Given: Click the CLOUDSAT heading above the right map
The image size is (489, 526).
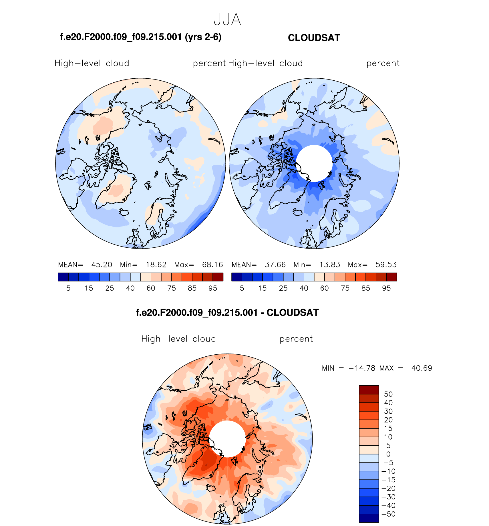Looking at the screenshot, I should (314, 38).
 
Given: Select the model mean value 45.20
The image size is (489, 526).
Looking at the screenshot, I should (102, 265).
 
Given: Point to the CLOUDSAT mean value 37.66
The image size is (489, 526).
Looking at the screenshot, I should (275, 265).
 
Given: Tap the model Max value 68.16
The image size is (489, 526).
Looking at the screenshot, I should (212, 265).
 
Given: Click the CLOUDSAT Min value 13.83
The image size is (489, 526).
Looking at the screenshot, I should (330, 265).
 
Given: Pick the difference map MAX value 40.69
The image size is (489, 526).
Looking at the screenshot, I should (422, 368).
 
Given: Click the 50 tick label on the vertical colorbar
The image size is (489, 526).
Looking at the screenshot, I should (388, 394).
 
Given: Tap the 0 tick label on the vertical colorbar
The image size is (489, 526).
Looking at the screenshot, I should (388, 454).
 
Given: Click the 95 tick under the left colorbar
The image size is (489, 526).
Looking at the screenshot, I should (213, 288).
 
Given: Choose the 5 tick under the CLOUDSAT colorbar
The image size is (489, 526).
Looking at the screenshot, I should (242, 288).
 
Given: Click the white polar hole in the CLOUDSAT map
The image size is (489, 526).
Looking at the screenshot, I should (314, 163).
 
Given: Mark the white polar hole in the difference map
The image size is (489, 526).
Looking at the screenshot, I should (227, 439).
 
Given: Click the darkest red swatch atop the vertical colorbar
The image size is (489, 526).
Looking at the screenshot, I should (369, 390).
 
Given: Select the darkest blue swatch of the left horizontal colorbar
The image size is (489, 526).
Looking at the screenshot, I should (63, 277).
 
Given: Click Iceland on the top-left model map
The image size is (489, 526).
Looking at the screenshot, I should (124, 213).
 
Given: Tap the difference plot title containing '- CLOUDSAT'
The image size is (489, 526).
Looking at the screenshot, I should (227, 313).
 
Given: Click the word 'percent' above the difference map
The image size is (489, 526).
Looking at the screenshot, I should (296, 339).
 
